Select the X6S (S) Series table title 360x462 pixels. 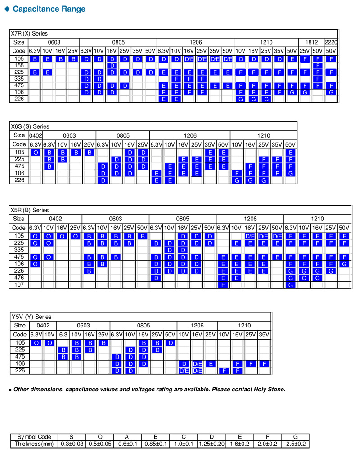[30, 126]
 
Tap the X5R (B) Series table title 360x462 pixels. [29, 210]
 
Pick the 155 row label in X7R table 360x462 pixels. [19, 66]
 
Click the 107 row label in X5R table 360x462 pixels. [19, 285]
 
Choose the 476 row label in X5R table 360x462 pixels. [19, 278]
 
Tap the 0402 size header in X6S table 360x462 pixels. [35, 135]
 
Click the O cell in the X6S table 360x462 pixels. [35, 153]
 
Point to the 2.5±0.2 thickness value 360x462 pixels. [295, 444]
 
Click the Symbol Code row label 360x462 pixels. [34, 437]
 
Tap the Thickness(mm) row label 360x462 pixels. [34, 444]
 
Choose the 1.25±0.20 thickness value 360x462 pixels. [211, 444]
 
